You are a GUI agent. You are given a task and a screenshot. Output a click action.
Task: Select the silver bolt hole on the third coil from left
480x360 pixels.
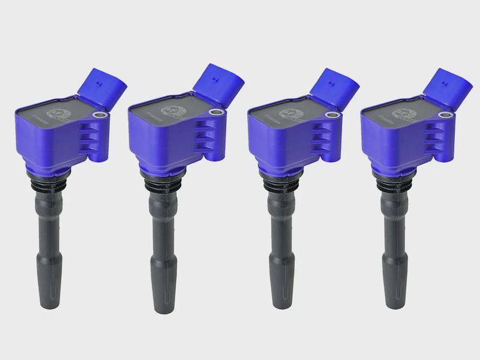(329, 113)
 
